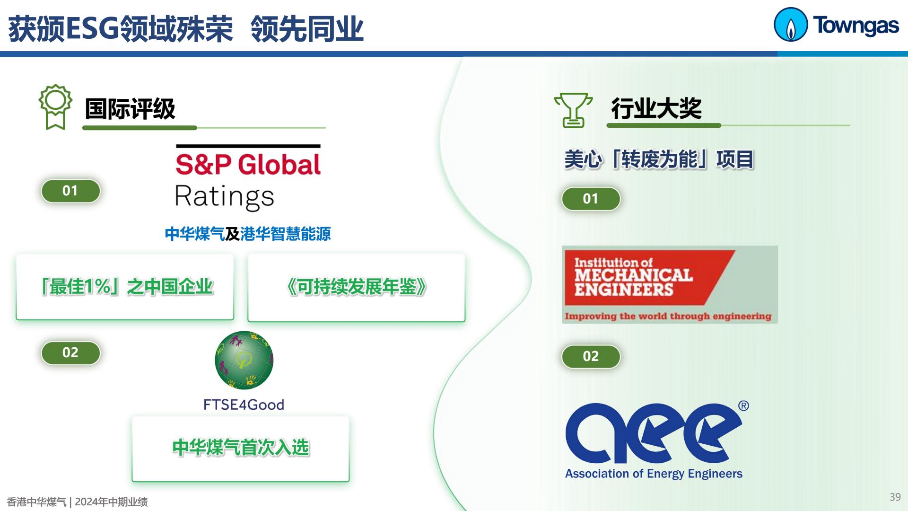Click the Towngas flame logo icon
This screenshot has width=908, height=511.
[790, 25]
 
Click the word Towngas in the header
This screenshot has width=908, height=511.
[856, 26]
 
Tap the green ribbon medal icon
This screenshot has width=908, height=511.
[55, 107]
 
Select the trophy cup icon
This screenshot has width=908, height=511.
[573, 110]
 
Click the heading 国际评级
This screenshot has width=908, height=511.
[130, 109]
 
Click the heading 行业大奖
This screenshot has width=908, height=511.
[656, 108]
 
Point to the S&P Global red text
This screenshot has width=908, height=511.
[248, 164]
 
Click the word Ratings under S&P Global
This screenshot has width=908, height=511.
[225, 197]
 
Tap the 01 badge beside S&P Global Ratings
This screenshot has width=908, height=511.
[70, 191]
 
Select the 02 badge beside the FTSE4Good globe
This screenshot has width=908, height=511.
[70, 352]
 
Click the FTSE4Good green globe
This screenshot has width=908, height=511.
[244, 360]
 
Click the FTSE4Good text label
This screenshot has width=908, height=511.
[244, 405]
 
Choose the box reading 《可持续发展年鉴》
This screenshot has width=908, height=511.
[357, 288]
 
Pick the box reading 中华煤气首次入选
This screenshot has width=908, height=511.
[241, 449]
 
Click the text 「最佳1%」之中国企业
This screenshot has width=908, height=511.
[127, 287]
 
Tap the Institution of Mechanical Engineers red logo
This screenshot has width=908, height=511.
[670, 284]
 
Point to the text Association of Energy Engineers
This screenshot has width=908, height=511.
[654, 474]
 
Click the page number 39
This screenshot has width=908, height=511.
[895, 497]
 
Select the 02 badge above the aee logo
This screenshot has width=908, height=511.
[591, 356]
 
